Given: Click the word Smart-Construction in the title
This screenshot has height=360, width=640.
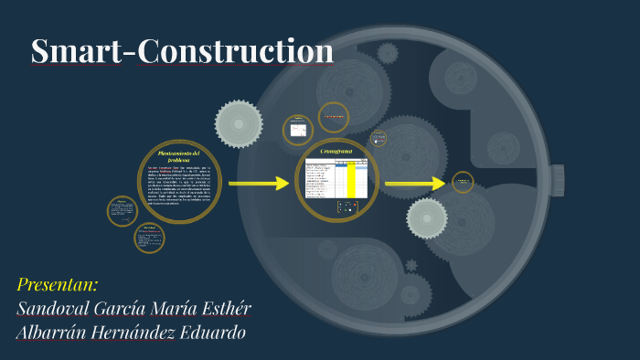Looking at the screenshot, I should point(182,52).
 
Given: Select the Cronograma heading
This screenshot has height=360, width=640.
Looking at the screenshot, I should point(335,149).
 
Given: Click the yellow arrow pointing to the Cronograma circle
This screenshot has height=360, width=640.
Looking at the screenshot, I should point(259,184).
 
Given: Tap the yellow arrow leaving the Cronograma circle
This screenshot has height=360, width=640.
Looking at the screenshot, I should point(414,184).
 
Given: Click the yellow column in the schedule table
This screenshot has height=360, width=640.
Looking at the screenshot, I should point(351,179).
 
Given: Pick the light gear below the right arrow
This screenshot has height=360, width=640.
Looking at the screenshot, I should point(427,218).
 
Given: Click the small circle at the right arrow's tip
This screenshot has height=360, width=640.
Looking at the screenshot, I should point(464,183).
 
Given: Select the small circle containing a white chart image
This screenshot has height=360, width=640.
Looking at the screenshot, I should point(299,130).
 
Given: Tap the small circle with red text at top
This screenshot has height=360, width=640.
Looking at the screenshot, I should point(333,116).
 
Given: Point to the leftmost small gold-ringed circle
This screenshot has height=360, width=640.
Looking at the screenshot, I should point(122,210).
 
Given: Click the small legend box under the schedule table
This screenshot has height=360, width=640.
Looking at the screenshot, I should point(348,207).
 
